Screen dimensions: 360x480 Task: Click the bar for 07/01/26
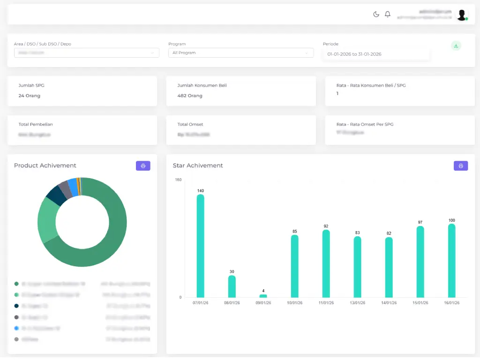[200, 246]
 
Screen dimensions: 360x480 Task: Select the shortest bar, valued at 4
[263, 296]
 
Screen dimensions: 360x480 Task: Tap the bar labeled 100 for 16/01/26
[451, 261]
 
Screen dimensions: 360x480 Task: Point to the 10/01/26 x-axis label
[294, 303]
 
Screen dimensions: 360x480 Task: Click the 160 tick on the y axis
[178, 180]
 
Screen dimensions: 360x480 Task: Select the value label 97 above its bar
[420, 222]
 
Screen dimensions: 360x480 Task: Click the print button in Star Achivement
[460, 166]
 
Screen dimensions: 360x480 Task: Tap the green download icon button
[456, 46]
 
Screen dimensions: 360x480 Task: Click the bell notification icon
[388, 15]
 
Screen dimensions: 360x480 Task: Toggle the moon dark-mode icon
[376, 15]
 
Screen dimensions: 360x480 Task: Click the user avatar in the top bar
[462, 15]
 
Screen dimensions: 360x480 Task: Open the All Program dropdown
[240, 53]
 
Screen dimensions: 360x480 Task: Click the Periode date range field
[376, 54]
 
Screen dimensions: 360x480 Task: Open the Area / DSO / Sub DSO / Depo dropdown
[86, 53]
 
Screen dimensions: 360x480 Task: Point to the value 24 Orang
[30, 96]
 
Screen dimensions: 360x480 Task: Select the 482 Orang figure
[190, 96]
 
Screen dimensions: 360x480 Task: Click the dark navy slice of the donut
[56, 195]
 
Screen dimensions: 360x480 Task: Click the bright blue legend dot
[16, 328]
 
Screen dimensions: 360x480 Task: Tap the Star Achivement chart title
[198, 165]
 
